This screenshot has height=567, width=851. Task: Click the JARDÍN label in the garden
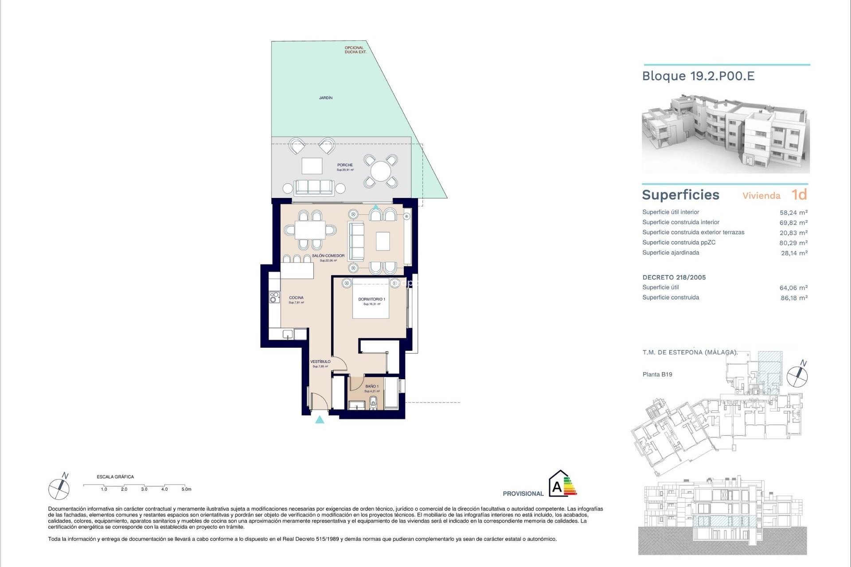(x=326, y=98)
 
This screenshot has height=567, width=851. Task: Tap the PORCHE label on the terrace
(x=345, y=165)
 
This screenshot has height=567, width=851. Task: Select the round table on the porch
(x=380, y=171)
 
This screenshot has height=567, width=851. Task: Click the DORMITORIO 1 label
(x=371, y=299)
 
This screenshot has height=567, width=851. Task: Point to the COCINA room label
(x=296, y=298)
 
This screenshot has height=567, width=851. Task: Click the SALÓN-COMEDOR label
(x=328, y=256)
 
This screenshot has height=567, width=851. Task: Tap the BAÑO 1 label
(x=371, y=386)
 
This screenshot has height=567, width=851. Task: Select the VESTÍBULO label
(x=320, y=362)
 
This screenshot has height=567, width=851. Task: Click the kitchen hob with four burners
(x=275, y=297)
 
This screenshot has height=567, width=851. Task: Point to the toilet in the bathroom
(x=373, y=402)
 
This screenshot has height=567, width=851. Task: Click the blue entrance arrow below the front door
(x=320, y=419)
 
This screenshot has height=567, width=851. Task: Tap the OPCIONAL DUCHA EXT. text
(x=355, y=50)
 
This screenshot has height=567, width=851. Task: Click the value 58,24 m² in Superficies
(x=793, y=213)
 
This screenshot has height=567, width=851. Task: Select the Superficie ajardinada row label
(x=671, y=252)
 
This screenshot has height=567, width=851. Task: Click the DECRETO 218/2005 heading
(x=674, y=277)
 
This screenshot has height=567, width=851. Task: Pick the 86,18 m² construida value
(x=794, y=298)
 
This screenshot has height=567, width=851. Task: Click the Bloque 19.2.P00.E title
(x=698, y=76)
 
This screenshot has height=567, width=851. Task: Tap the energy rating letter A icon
(x=557, y=487)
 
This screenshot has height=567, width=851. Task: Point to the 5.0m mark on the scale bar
(x=186, y=489)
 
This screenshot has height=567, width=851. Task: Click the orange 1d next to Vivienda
(x=799, y=194)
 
